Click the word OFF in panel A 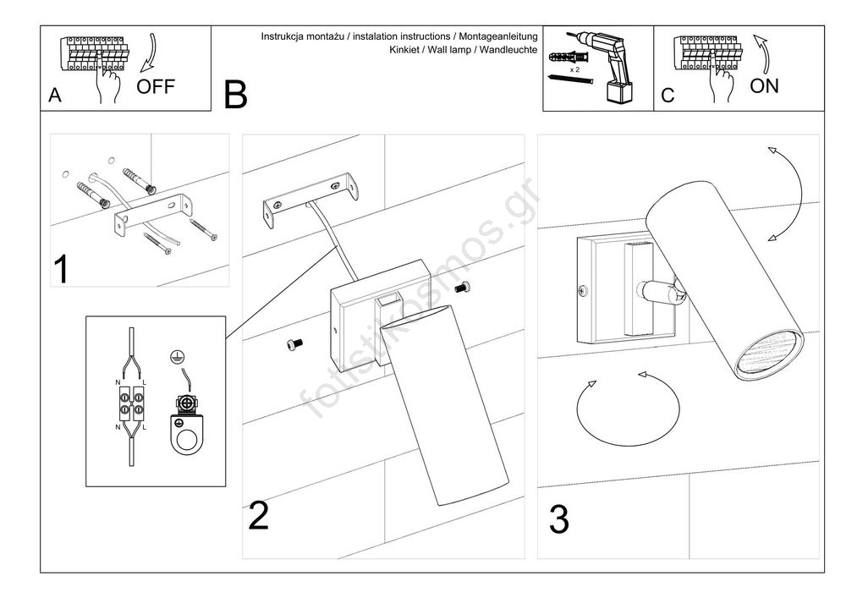tap(156, 86)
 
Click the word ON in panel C tap(765, 85)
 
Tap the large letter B tap(236, 95)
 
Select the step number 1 tap(61, 269)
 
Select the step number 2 tap(259, 516)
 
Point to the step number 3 tap(558, 519)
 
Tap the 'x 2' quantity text tap(575, 69)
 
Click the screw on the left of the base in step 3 tap(581, 291)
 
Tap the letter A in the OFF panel tap(55, 96)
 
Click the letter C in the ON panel tap(668, 96)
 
